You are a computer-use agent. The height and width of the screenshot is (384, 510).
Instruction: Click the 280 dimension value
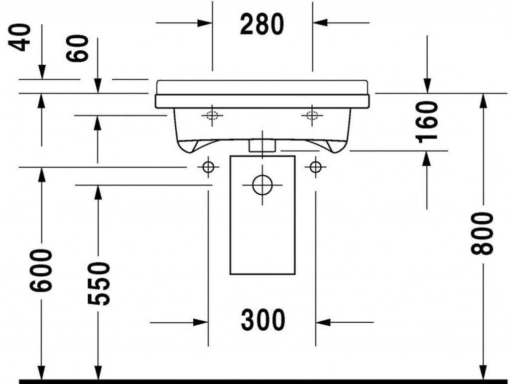(262, 24)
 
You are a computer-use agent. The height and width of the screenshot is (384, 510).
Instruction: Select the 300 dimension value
(263, 320)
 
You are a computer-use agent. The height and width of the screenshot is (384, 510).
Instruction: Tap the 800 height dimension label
(482, 234)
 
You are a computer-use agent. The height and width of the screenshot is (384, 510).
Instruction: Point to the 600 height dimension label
(41, 270)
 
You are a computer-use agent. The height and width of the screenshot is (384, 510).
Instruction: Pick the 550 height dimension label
(99, 284)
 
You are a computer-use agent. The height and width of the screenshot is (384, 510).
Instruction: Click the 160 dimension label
(427, 122)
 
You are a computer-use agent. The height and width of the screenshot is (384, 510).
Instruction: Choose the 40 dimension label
(20, 37)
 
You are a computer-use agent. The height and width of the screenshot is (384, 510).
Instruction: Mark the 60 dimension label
(77, 48)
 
